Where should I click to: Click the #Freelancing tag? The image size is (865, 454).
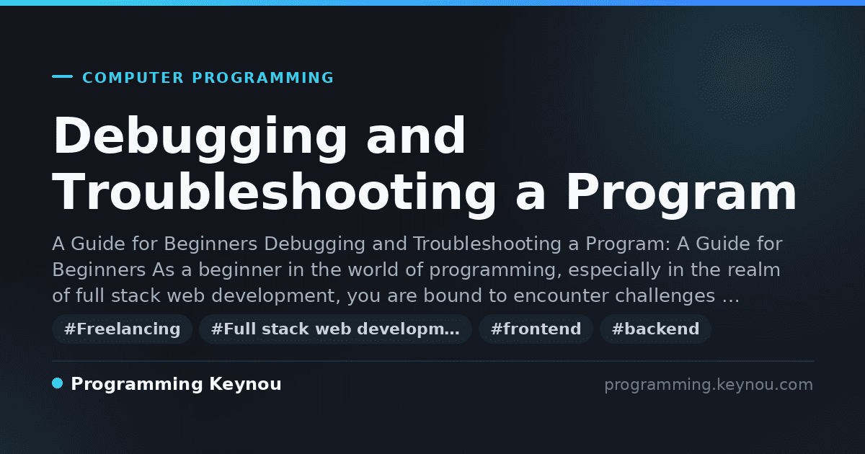122,329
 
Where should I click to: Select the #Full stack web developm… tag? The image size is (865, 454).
335,329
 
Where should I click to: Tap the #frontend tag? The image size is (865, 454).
536,329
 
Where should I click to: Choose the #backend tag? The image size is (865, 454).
655,329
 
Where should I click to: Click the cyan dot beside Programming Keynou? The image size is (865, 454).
57,383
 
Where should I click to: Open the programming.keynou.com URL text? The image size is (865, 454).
709,385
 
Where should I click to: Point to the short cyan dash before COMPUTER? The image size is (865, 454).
62,76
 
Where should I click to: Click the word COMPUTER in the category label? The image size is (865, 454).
133,78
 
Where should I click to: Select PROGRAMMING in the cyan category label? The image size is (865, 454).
263,78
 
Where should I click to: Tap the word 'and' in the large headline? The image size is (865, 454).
415,136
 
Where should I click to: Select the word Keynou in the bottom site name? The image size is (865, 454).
245,383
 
